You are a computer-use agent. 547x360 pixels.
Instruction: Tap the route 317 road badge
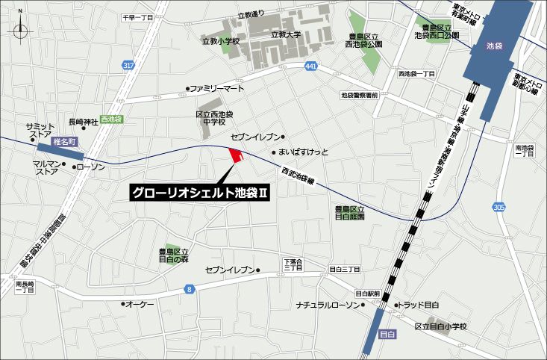click(x=129, y=66)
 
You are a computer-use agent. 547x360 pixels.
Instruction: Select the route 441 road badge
click(x=310, y=67)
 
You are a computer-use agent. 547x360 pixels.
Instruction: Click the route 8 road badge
click(x=190, y=288)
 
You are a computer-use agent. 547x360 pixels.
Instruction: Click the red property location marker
click(x=237, y=155)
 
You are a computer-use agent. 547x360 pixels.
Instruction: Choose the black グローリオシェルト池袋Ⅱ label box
click(x=201, y=193)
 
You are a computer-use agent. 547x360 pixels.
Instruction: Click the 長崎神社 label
click(x=83, y=122)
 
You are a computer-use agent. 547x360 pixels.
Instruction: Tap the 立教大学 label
click(x=285, y=34)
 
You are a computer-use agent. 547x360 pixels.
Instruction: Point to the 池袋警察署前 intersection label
click(x=360, y=95)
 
